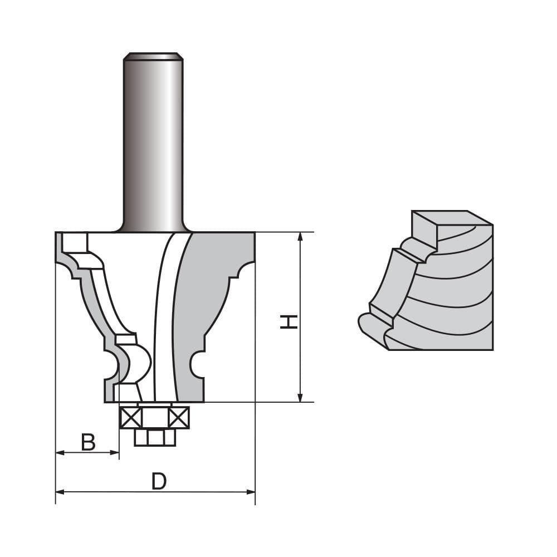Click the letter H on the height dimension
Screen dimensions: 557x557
(288, 321)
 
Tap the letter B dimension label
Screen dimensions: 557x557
(88, 442)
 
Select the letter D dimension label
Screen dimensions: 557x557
(159, 481)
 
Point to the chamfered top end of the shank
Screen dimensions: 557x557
(153, 56)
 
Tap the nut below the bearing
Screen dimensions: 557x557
(155, 437)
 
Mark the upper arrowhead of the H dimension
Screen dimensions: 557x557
(300, 236)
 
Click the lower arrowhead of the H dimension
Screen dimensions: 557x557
(300, 397)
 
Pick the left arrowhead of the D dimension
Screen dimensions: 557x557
(60, 492)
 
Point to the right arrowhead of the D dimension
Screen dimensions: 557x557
(251, 492)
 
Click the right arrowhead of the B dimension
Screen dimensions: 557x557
(116, 453)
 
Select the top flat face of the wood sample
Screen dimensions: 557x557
(451, 217)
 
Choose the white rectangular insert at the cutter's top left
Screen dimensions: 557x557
(75, 242)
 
